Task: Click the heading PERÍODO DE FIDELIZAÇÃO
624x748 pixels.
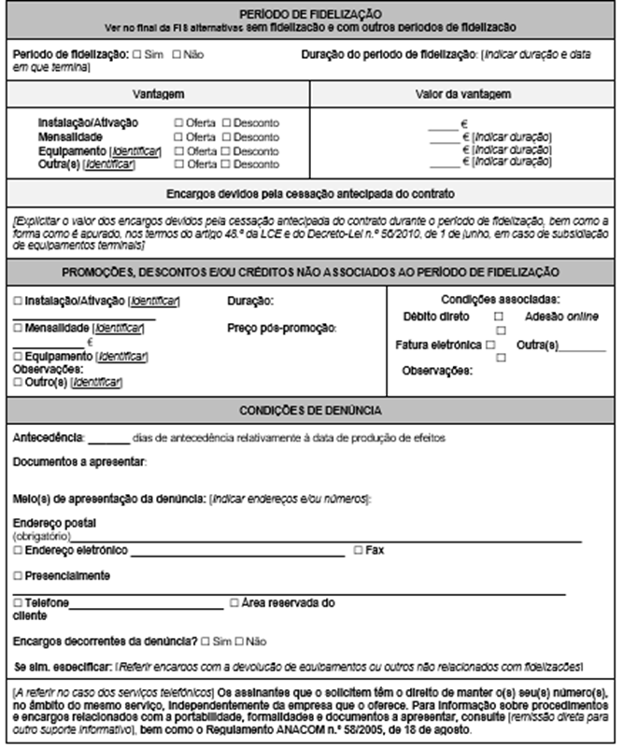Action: pyautogui.click(x=310, y=14)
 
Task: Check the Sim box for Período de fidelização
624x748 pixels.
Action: pyautogui.click(x=138, y=56)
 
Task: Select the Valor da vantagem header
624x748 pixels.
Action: pyautogui.click(x=462, y=94)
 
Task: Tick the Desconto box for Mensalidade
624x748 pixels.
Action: pyautogui.click(x=226, y=137)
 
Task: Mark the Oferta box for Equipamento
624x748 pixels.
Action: pyautogui.click(x=178, y=151)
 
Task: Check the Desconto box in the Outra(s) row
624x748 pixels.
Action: pyautogui.click(x=226, y=164)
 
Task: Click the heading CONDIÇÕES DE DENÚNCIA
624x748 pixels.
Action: pyautogui.click(x=310, y=409)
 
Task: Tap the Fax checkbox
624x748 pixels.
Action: pyautogui.click(x=358, y=551)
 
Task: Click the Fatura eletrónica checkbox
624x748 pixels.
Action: pyautogui.click(x=490, y=345)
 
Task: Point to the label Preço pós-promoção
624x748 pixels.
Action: pyautogui.click(x=281, y=329)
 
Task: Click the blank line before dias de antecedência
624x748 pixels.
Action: pyautogui.click(x=109, y=438)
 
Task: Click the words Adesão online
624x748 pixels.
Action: pyautogui.click(x=561, y=318)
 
